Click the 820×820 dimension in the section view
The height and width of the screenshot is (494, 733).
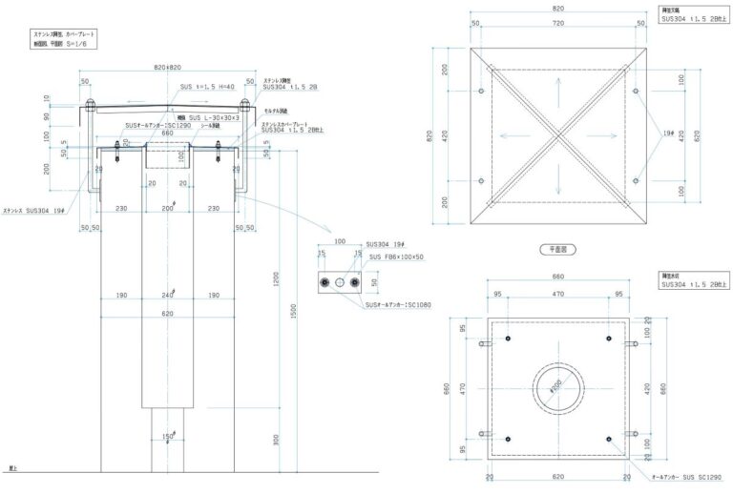point(168,68)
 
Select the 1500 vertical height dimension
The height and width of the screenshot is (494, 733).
point(294,311)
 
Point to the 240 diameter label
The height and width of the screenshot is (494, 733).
point(168,295)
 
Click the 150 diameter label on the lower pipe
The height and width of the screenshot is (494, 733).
point(168,438)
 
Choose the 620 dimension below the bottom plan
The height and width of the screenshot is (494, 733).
point(559,474)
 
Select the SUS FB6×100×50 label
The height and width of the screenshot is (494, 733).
point(394,257)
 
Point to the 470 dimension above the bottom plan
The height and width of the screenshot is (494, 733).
point(559,294)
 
